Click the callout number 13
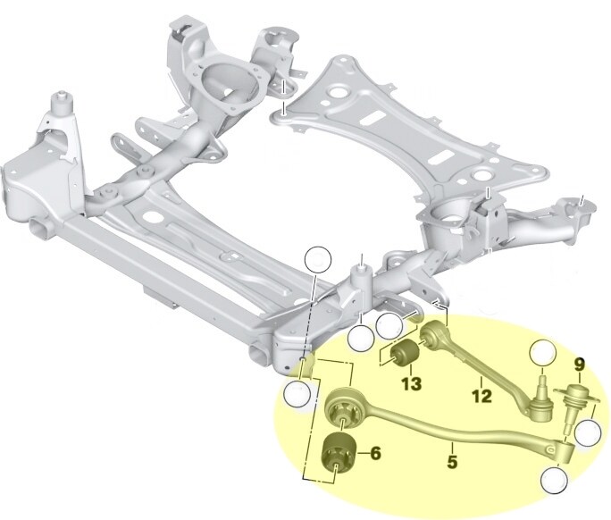pyautogui.click(x=412, y=385)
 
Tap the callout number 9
pyautogui.click(x=580, y=365)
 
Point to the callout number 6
pyautogui.click(x=375, y=454)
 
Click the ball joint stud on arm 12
pyautogui.click(x=540, y=394)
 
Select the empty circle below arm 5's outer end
pyautogui.click(x=553, y=481)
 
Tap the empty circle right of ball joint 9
pyautogui.click(x=588, y=434)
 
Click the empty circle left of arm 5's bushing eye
pyautogui.click(x=296, y=393)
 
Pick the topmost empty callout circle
pyautogui.click(x=316, y=259)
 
